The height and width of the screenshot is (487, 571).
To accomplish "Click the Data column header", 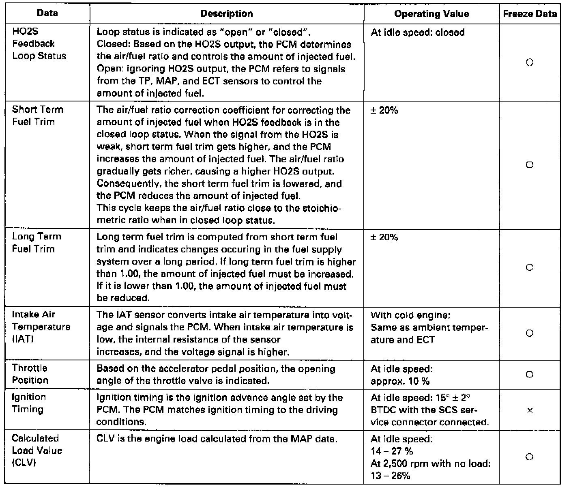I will click(47, 13).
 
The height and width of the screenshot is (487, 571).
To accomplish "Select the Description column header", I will click(227, 14).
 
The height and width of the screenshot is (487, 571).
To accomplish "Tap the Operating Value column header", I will click(431, 14).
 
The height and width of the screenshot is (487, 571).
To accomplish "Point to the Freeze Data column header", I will click(530, 14).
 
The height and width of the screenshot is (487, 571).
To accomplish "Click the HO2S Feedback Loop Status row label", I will click(39, 44).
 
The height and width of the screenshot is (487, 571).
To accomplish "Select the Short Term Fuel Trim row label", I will click(37, 116).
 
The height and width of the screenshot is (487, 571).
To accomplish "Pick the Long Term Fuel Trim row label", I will click(36, 242).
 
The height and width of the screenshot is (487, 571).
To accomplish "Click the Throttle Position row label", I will click(30, 374).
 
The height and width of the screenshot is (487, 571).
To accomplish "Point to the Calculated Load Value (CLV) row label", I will click(37, 450).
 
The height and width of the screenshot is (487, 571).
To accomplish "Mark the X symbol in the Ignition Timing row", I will click(529, 411).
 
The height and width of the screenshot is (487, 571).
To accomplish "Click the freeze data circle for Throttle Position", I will click(529, 375).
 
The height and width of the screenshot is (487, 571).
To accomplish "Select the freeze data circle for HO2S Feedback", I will click(529, 63).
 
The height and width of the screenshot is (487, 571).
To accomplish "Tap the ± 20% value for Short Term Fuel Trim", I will click(384, 110).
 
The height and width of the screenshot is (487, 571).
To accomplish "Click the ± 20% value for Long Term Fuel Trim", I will click(384, 237).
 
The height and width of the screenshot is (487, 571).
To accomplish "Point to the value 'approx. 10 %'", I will click(400, 381).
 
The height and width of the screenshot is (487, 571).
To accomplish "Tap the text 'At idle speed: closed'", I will click(418, 32).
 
